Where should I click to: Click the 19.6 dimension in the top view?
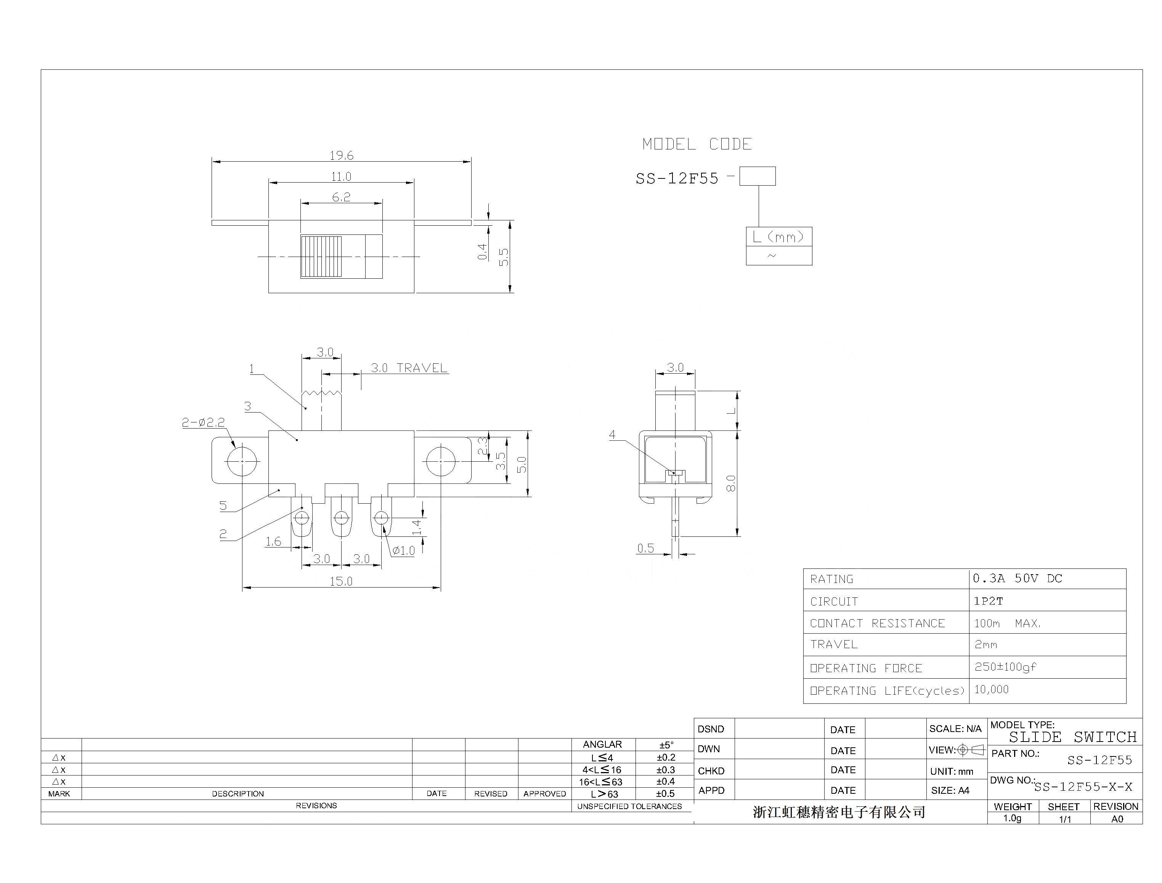[341, 156]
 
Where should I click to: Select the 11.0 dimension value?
[341, 177]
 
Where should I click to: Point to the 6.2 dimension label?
[341, 197]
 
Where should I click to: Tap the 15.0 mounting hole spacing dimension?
[341, 581]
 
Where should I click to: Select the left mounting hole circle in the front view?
[242, 461]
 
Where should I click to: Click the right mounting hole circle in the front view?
[440, 461]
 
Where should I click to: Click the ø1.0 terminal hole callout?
[403, 551]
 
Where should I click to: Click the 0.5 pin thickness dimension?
[645, 548]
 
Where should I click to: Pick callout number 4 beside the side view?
[612, 435]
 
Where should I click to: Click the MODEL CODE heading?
[697, 144]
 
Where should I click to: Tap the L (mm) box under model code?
[778, 236]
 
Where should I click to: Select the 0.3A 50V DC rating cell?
[1017, 579]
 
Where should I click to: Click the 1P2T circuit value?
[988, 601]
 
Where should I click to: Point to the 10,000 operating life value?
[991, 690]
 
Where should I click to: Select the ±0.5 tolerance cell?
[665, 794]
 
